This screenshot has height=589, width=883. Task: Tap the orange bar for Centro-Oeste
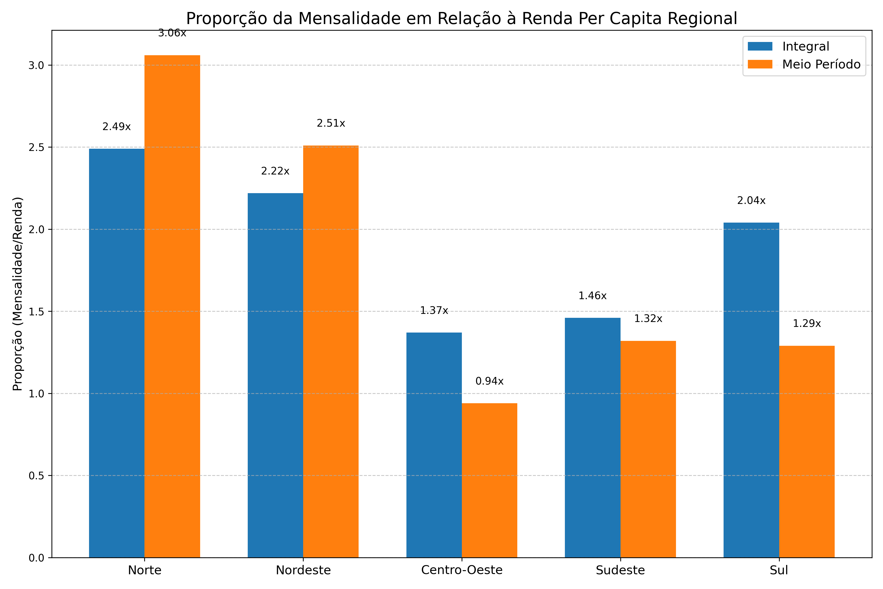tap(489, 481)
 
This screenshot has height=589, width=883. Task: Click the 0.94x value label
tap(489, 381)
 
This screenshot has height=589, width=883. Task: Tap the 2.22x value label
tap(275, 171)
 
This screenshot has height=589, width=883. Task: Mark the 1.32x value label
tap(648, 319)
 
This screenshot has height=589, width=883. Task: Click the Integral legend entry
tap(805, 47)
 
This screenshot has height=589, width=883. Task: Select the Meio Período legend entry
tap(821, 65)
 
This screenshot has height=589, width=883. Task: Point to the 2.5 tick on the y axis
tap(36, 147)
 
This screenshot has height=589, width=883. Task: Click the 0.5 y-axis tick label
tap(36, 476)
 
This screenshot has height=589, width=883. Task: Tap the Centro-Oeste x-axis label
tap(462, 570)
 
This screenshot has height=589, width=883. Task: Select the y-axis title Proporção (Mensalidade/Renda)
tap(18, 294)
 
